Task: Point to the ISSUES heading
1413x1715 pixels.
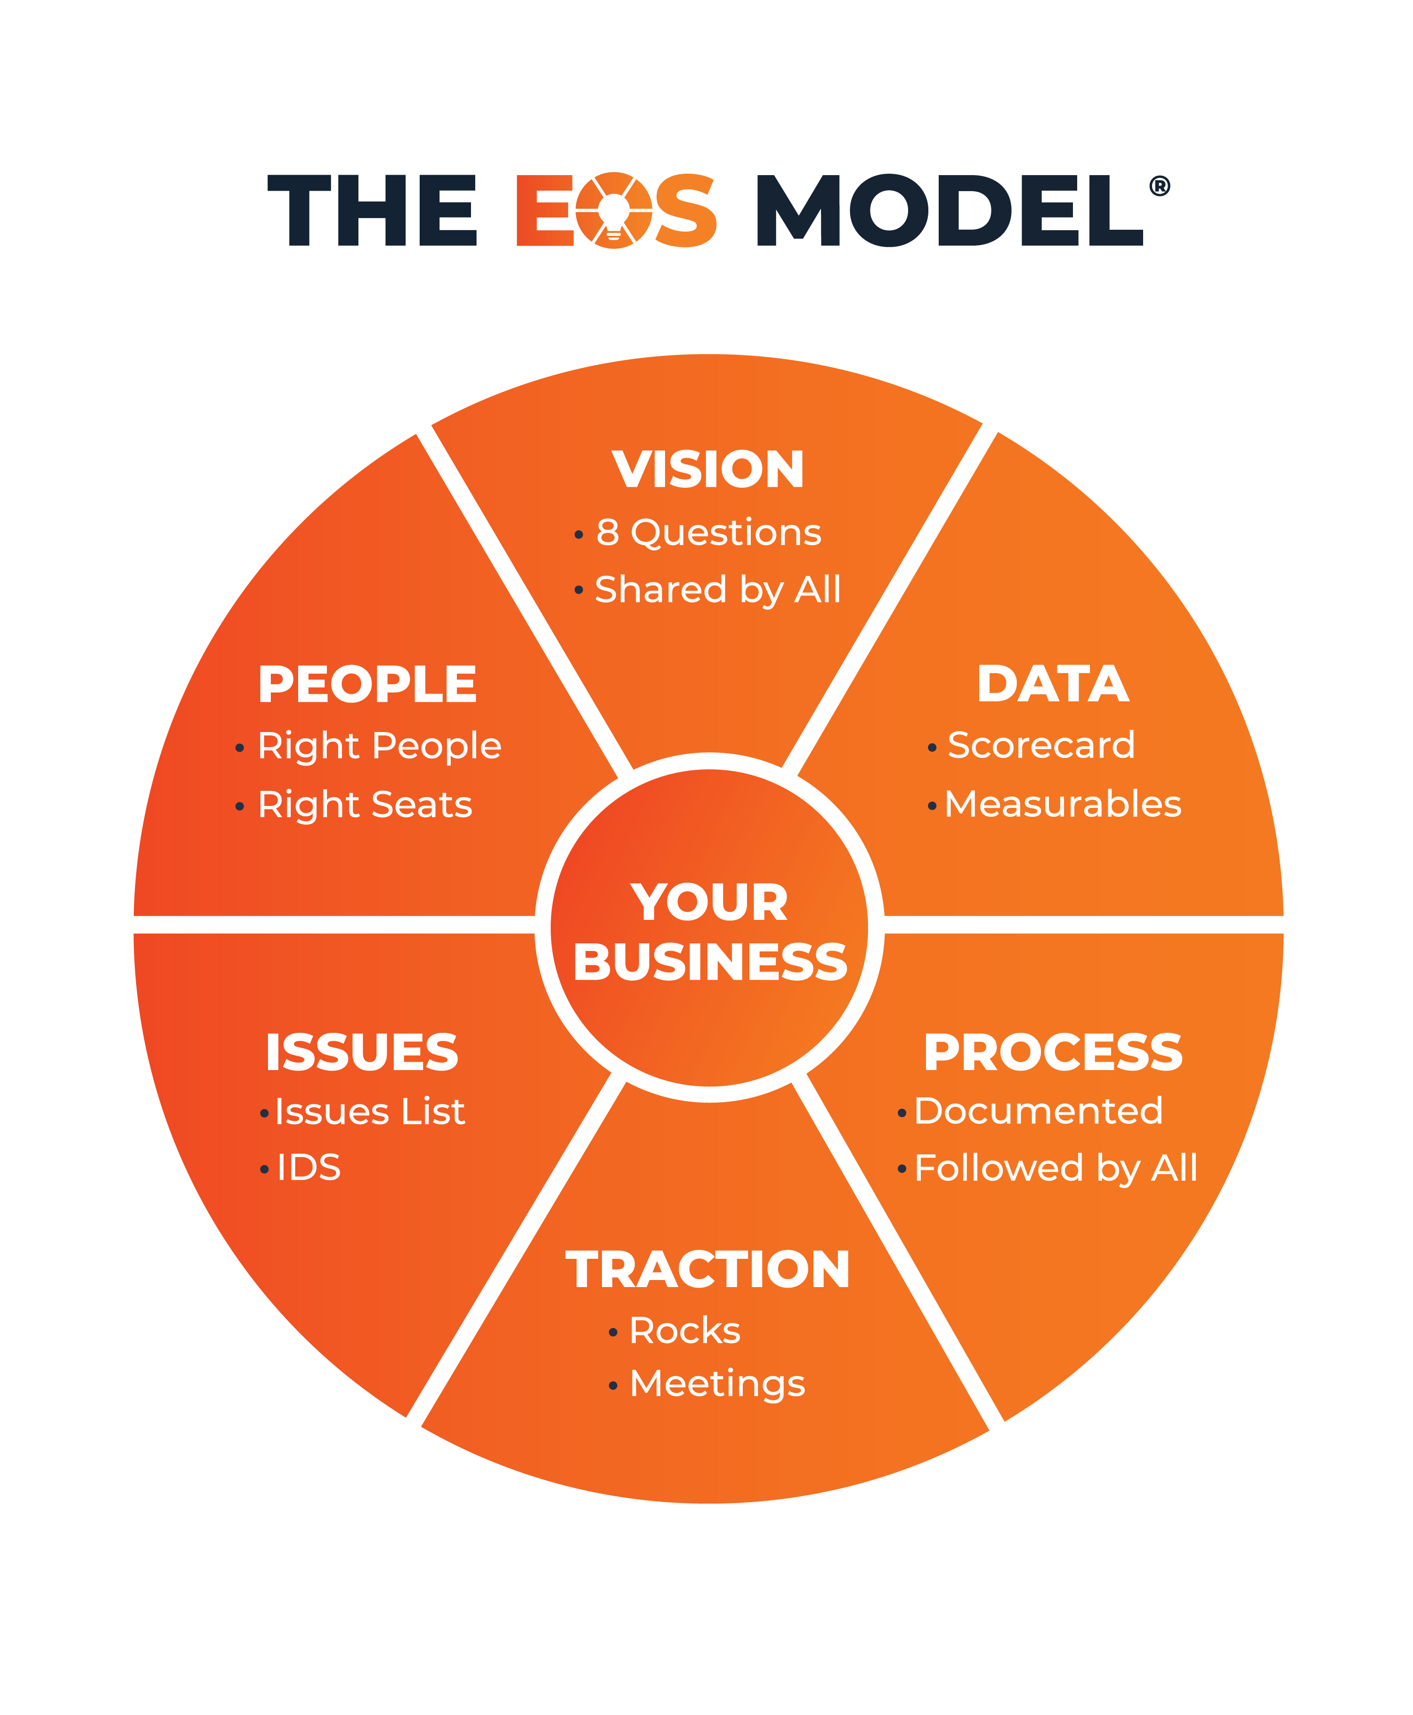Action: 362,1052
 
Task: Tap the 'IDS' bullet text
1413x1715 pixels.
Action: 309,1167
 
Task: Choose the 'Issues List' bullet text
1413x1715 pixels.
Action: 370,1111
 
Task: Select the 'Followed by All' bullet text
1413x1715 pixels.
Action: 1056,1169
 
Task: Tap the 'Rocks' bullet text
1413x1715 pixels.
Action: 684,1331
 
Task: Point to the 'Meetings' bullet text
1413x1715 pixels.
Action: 717,1385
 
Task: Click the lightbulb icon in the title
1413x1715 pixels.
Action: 614,210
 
